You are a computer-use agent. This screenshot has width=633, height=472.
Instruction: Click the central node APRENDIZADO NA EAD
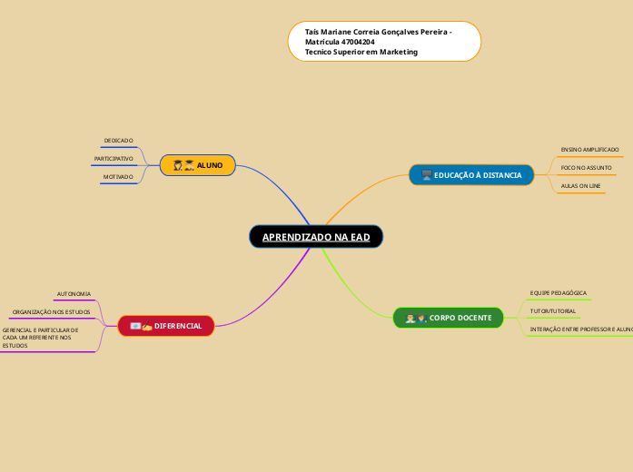tap(316, 237)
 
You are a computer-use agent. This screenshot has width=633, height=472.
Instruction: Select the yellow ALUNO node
tap(198, 165)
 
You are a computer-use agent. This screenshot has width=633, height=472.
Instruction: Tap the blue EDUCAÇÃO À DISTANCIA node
tap(471, 175)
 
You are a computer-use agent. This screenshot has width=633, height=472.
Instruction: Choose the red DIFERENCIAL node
tap(166, 326)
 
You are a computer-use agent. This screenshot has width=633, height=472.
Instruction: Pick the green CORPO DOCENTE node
tap(449, 318)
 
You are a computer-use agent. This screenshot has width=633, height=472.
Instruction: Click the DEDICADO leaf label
tap(118, 141)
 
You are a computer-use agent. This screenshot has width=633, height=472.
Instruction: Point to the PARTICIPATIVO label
tap(114, 159)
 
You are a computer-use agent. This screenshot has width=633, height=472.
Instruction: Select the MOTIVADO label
tap(118, 177)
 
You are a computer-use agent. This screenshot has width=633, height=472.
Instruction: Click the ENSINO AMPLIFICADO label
tap(589, 149)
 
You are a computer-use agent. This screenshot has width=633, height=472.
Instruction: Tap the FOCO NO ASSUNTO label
tap(586, 168)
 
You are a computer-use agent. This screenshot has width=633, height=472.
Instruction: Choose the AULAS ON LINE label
tap(580, 186)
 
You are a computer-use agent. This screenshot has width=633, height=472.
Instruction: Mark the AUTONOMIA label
tap(74, 294)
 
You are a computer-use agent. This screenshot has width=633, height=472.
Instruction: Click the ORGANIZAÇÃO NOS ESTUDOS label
tap(51, 312)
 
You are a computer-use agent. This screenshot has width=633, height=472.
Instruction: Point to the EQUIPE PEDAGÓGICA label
tap(558, 293)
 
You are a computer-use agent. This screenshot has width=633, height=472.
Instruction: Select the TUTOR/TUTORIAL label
tap(552, 311)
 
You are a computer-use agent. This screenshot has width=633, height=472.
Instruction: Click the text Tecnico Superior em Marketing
tap(361, 53)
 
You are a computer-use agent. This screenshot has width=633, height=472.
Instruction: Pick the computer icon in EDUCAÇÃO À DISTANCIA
tap(426, 175)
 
